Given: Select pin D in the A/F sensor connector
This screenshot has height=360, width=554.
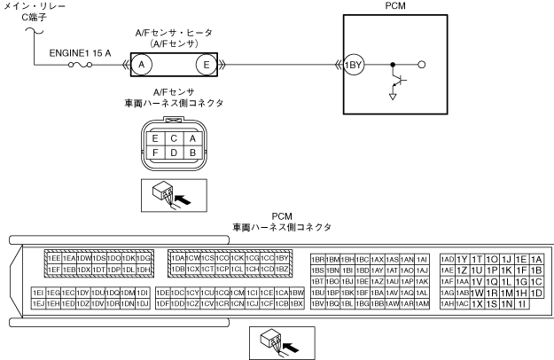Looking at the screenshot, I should pos(175,152).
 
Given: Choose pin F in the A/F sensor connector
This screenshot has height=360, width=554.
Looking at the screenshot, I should pos(156,152).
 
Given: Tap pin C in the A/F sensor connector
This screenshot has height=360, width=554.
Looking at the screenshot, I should pos(175,138).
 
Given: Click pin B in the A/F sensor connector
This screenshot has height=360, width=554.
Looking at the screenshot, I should pos(192,152).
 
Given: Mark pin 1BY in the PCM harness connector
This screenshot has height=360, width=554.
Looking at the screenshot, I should pos(283,257).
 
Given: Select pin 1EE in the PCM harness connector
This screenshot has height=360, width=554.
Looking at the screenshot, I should pos(53,257).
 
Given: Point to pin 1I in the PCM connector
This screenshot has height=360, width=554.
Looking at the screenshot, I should pos(522,304).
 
